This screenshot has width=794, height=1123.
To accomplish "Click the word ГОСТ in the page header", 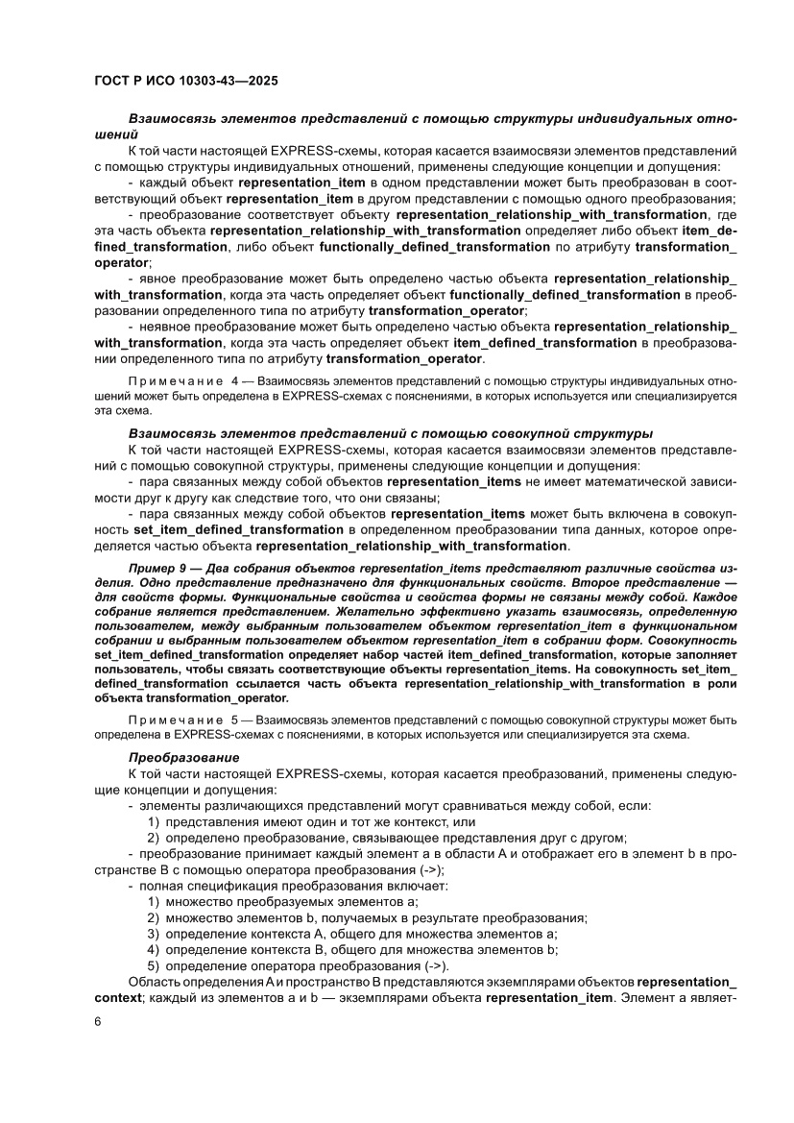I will click(116, 82).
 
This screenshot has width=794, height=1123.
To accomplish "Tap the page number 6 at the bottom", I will click(99, 1020).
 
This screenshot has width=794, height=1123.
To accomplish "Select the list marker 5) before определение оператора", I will click(153, 965).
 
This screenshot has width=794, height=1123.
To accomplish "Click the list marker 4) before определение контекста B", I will click(153, 949).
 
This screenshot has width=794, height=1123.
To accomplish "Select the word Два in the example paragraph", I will click(207, 568).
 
